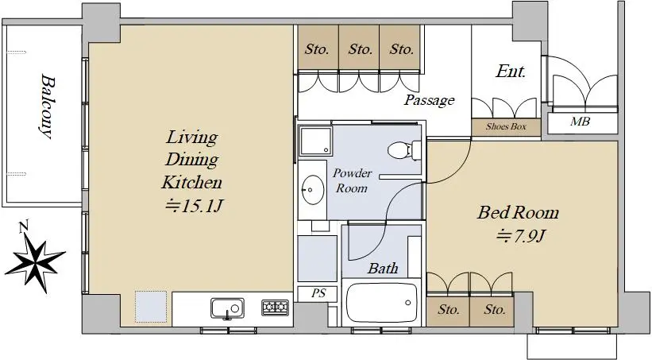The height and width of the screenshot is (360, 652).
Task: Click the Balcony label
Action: [47, 106]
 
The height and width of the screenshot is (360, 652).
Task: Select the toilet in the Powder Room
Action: [404, 150]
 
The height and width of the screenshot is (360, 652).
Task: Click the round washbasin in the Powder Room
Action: [313, 190]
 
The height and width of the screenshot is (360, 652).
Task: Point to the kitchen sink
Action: [227, 309]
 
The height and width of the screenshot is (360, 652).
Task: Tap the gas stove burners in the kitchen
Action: [275, 307]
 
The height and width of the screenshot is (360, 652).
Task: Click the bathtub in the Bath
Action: [381, 304]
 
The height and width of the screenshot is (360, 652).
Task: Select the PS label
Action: [318, 293]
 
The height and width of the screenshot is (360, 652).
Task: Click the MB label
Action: [580, 122]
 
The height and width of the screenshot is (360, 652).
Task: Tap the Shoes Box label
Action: [506, 126]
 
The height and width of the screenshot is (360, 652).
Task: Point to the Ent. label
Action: [511, 72]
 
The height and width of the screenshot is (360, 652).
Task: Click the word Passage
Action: [430, 100]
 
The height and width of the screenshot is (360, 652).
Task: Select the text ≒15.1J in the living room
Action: [195, 206]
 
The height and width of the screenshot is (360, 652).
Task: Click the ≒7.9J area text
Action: [520, 236]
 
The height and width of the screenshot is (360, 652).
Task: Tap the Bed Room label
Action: [518, 213]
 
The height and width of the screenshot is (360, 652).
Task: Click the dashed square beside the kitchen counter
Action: [151, 307]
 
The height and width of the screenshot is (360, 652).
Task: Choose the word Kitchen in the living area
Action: [191, 182]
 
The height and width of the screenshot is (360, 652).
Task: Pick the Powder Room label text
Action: [352, 180]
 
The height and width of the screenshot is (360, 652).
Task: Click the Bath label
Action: [383, 269]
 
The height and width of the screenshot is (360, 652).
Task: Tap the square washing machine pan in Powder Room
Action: [316, 141]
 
